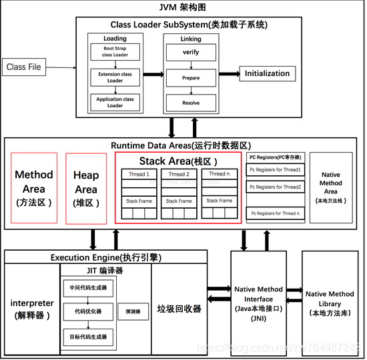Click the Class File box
[23, 67]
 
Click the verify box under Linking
[191, 52]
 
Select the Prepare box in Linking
[191, 77]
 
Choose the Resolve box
[191, 103]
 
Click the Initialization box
[267, 73]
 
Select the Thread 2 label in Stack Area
[178, 175]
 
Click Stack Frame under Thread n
[219, 200]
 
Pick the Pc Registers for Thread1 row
[275, 170]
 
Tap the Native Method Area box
[330, 187]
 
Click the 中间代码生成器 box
[87, 288]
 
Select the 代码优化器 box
[87, 311]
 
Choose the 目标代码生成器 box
[87, 337]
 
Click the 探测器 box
[133, 311]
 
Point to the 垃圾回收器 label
[179, 309]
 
